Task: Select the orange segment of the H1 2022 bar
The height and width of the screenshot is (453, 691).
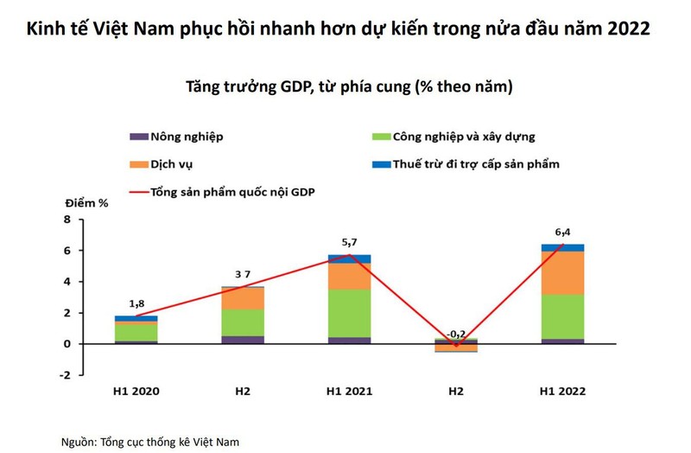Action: tap(562, 273)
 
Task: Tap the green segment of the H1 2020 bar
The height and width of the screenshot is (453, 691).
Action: tap(136, 332)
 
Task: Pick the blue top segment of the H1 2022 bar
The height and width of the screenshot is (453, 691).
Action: tap(562, 248)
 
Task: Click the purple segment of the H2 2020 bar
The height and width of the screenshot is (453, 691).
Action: tap(244, 340)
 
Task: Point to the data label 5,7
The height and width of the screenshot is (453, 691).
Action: tap(350, 243)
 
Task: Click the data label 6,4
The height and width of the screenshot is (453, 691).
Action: tap(562, 232)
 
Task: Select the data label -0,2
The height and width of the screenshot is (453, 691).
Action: tap(457, 332)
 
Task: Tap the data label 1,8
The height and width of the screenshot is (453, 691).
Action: tap(137, 303)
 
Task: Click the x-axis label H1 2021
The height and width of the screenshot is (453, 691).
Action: tap(350, 392)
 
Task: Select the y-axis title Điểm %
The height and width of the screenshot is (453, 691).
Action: tap(86, 203)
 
